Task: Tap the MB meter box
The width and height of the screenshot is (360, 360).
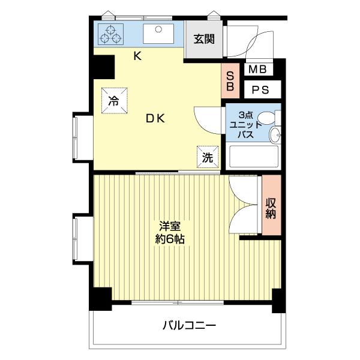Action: [x=259, y=70]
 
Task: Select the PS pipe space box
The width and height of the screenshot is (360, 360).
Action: [x=260, y=91]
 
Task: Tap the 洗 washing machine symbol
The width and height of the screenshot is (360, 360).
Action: [x=207, y=157]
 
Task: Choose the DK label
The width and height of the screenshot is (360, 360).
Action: [x=155, y=118]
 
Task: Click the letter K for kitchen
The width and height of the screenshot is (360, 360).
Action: [x=137, y=57]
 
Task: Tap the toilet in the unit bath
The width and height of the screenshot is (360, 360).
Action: [x=274, y=134]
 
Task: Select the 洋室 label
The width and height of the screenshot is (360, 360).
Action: [x=171, y=226]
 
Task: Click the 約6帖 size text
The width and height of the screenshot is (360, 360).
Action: [x=171, y=239]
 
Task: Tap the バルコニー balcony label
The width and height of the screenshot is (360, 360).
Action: [x=188, y=326]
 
